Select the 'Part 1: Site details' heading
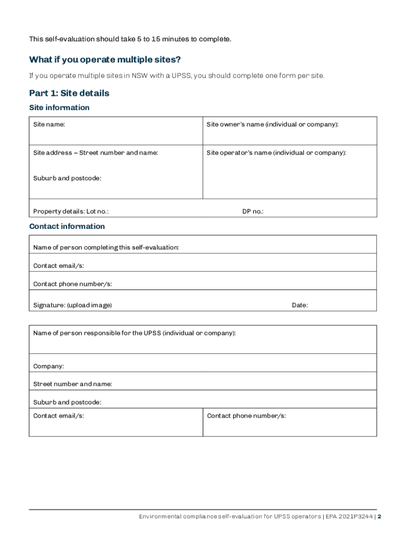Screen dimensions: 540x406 [x=69, y=93]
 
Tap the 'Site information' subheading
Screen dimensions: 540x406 [x=59, y=108]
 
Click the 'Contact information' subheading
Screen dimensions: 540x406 [x=67, y=226]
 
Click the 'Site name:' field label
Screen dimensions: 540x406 [x=49, y=124]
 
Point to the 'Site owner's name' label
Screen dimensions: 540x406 [x=272, y=124]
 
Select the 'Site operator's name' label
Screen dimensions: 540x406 [x=276, y=153]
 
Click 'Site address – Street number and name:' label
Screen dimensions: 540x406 [x=95, y=153]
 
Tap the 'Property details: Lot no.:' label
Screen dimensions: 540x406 [x=71, y=211]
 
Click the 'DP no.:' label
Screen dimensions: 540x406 [x=253, y=211]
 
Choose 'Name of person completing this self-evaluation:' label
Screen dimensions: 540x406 [x=106, y=247]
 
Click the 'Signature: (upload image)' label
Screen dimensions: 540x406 [x=72, y=305]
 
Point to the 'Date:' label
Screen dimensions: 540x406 [x=299, y=305]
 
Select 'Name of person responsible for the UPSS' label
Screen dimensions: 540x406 [x=134, y=333]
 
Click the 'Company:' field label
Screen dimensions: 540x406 [x=49, y=366]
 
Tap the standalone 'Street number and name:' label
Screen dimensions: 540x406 [x=72, y=384]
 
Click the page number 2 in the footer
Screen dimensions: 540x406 [x=379, y=517]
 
